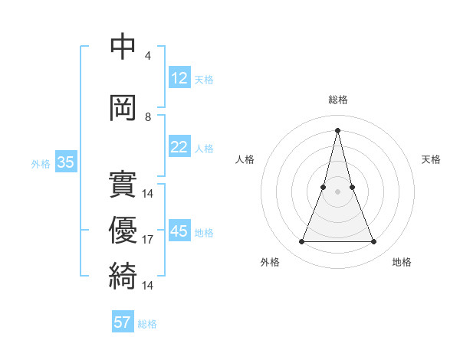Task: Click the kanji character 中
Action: pyautogui.click(x=123, y=47)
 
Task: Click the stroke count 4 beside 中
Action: pyautogui.click(x=148, y=56)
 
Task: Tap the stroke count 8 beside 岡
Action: pyautogui.click(x=148, y=117)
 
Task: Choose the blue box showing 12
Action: pyautogui.click(x=179, y=78)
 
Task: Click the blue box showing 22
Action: pyautogui.click(x=179, y=147)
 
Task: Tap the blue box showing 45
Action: pyautogui.click(x=179, y=231)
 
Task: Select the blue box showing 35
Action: pyautogui.click(x=66, y=162)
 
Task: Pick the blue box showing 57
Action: pyautogui.click(x=123, y=322)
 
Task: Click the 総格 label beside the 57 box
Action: pyautogui.click(x=147, y=324)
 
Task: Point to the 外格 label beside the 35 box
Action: pyautogui.click(x=41, y=164)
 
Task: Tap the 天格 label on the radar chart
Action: pyautogui.click(x=432, y=159)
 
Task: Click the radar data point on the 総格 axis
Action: pyautogui.click(x=337, y=129)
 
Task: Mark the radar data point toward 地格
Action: pyautogui.click(x=374, y=242)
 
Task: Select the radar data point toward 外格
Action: pyautogui.click(x=301, y=242)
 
